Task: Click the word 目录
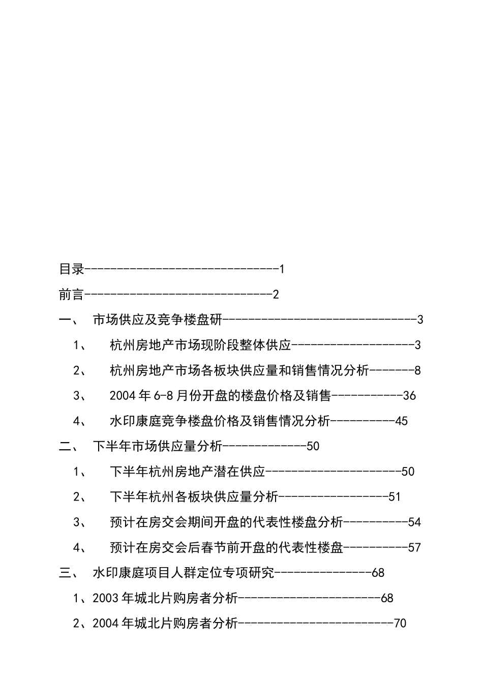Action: pos(72,269)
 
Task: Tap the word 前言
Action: pos(72,294)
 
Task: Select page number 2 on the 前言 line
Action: pos(276,294)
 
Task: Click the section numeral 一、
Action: pos(68,320)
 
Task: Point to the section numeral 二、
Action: pos(68,446)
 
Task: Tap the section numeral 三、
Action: pos(68,573)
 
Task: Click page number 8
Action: pos(417,370)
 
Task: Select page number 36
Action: pos(409,395)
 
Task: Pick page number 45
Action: pos(401,421)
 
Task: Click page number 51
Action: pos(395,496)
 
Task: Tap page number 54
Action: pos(414,522)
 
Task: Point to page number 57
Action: pos(414,547)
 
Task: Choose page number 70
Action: pos(400,623)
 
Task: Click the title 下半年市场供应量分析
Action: pos(158,446)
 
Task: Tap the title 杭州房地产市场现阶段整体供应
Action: pos(200,345)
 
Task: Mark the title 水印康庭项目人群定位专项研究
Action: pos(183,573)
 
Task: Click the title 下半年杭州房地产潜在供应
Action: pos(188,472)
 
